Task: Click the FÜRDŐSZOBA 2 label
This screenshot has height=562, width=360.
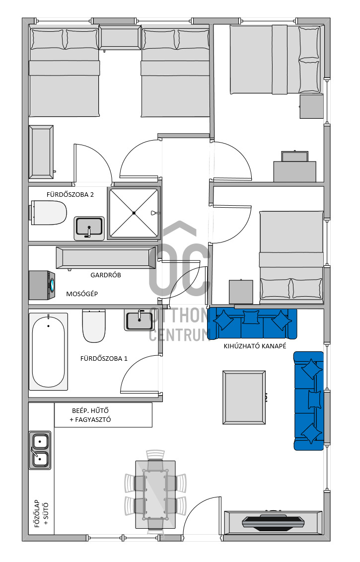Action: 70,195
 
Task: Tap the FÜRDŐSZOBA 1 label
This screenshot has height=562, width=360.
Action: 104,358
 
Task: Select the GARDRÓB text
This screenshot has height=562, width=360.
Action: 106,275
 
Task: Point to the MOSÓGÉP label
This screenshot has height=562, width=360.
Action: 82,294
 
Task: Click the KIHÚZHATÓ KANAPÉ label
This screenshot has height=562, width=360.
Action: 255,346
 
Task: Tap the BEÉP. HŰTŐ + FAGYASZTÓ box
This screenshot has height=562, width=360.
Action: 103,415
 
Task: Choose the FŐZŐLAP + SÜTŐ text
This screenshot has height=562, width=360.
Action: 41,514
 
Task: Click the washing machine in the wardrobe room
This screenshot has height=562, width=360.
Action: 42,285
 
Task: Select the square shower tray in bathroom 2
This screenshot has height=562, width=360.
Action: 134,213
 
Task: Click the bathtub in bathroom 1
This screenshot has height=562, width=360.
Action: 48,352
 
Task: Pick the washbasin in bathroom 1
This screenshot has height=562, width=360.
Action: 139,320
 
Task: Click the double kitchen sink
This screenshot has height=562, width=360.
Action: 40,450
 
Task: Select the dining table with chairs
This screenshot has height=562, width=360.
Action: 155,489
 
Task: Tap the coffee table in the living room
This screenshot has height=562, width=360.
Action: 244,398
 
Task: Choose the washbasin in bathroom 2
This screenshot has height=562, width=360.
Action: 89,228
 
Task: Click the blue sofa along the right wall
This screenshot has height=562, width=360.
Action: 309,401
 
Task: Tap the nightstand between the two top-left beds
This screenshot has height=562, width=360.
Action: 120,38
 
